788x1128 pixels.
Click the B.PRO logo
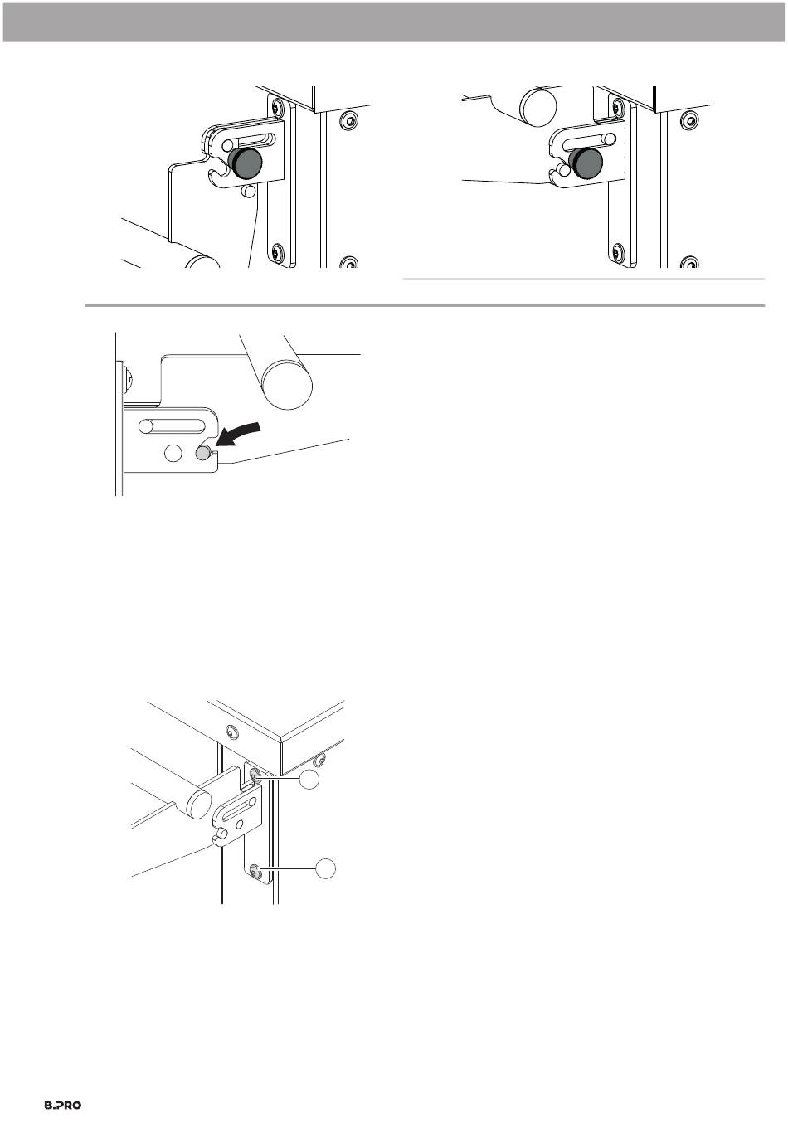tap(62, 1106)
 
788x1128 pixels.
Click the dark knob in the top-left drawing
tap(246, 163)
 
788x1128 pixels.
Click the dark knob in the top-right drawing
tap(586, 163)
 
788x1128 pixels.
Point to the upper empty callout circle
tap(309, 780)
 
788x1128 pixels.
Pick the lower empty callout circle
tap(326, 868)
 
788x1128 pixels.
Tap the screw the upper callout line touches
tap(254, 777)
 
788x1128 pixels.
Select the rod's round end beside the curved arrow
tap(287, 384)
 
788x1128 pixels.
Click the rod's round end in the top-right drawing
tap(538, 107)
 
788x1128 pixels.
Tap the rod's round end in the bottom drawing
tap(199, 804)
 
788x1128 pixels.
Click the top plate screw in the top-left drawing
tap(276, 107)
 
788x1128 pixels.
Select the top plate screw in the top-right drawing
tap(617, 107)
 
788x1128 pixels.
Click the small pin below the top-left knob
tap(248, 191)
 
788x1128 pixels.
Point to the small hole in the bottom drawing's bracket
tap(240, 824)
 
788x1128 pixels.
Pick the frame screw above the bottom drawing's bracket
tap(231, 732)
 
